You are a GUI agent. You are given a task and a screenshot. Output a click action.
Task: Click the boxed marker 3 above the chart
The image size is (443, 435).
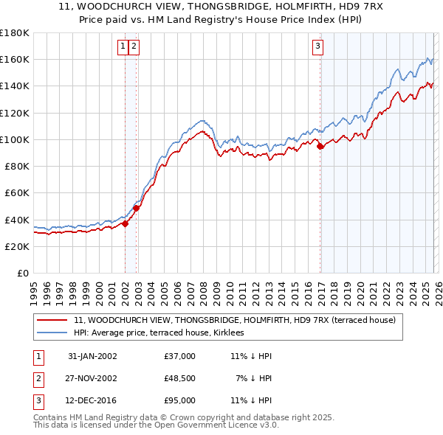pos(318,46)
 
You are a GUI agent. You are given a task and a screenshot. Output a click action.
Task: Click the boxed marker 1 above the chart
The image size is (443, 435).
pos(124,46)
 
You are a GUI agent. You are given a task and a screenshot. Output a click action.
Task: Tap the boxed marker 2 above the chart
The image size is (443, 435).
pos(134,46)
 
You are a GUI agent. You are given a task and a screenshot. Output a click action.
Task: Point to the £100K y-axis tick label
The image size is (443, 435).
pos(14,139)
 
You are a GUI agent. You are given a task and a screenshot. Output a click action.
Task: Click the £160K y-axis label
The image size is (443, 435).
pos(14,59)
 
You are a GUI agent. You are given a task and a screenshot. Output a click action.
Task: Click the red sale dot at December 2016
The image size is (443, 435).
pos(320,147)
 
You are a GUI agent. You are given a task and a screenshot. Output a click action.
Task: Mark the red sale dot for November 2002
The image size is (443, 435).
pos(136,209)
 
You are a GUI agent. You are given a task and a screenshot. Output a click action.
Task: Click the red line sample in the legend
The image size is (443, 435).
pos(52,320)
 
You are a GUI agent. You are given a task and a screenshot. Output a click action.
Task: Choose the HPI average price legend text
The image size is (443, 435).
pos(164,333)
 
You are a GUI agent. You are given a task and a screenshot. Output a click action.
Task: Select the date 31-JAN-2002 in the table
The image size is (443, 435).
pos(92,356)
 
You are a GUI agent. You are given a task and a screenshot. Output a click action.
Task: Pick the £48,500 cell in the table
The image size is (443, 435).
pos(180,378)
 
